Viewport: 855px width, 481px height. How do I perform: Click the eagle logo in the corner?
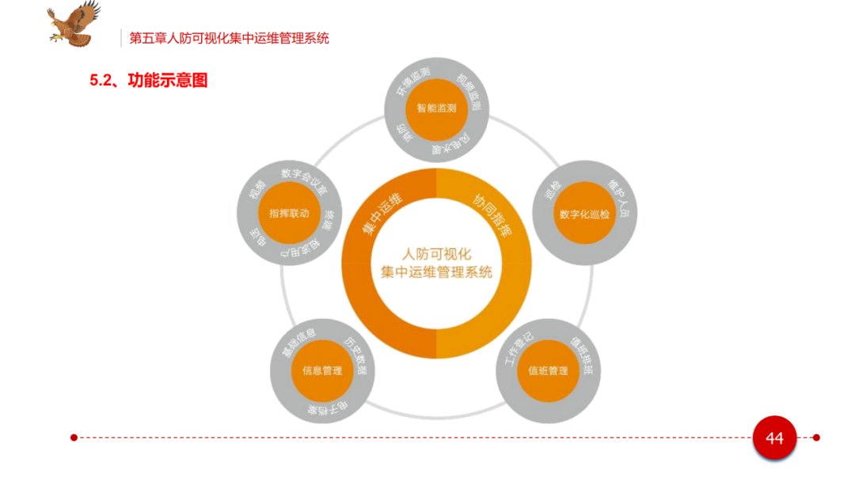pyautogui.click(x=74, y=24)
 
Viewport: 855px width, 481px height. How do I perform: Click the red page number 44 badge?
pyautogui.click(x=773, y=437)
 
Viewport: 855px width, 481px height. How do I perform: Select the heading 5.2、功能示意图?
pyautogui.click(x=148, y=80)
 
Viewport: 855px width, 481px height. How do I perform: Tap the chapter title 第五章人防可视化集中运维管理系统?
pyautogui.click(x=230, y=37)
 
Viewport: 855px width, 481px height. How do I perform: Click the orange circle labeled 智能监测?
pyautogui.click(x=436, y=108)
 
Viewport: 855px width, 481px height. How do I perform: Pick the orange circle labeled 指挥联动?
pyautogui.click(x=289, y=214)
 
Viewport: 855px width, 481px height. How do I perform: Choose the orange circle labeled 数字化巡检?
pyautogui.click(x=584, y=214)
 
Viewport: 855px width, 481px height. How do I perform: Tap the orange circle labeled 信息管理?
pyautogui.click(x=322, y=370)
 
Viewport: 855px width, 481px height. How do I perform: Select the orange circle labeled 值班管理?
pyautogui.click(x=548, y=370)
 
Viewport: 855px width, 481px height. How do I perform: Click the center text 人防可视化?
pyautogui.click(x=436, y=254)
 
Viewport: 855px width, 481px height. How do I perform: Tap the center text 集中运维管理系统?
pyautogui.click(x=436, y=272)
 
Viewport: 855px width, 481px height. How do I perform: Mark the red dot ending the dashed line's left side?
pyautogui.click(x=74, y=437)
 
